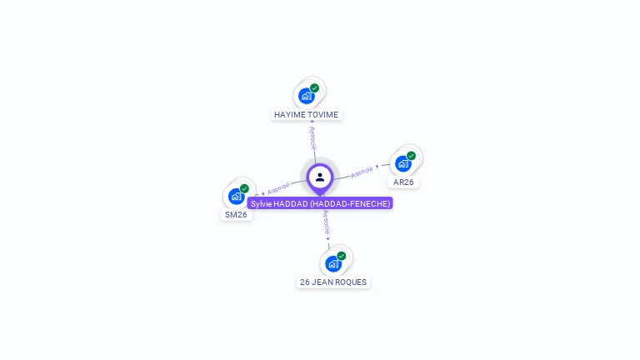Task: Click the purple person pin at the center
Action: [x=320, y=177]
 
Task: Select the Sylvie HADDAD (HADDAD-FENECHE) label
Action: [x=320, y=203]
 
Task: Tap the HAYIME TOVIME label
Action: [x=306, y=114]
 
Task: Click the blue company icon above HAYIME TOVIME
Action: [x=307, y=96]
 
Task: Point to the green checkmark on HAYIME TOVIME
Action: [x=314, y=87]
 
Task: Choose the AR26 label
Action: [x=404, y=182]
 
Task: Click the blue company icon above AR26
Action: [x=403, y=163]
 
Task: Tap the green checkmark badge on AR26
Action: [x=411, y=156]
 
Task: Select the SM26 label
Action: [x=236, y=214]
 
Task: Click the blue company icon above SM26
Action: [x=237, y=197]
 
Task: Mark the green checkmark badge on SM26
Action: [x=244, y=188]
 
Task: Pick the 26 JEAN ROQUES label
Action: [x=333, y=282]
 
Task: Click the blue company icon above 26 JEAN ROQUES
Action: [x=333, y=264]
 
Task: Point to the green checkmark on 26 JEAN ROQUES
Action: [x=341, y=256]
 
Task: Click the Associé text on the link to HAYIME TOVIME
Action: [x=312, y=137]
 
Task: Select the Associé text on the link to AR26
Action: [x=362, y=172]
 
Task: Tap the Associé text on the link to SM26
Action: [x=278, y=188]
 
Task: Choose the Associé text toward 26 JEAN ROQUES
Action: [x=327, y=222]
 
